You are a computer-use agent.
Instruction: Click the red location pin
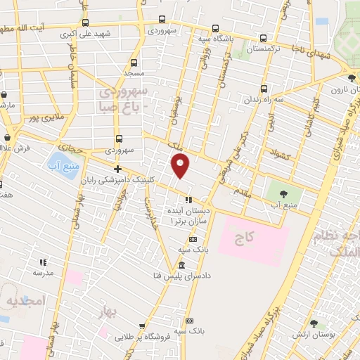click(x=181, y=165)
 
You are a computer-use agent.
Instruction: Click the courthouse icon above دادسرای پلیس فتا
click(x=182, y=265)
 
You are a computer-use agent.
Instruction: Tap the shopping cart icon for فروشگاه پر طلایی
click(x=143, y=327)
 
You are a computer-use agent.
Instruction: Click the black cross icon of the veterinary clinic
click(x=117, y=169)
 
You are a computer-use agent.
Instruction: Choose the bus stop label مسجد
click(x=134, y=72)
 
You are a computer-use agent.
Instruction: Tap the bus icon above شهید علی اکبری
click(x=86, y=22)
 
